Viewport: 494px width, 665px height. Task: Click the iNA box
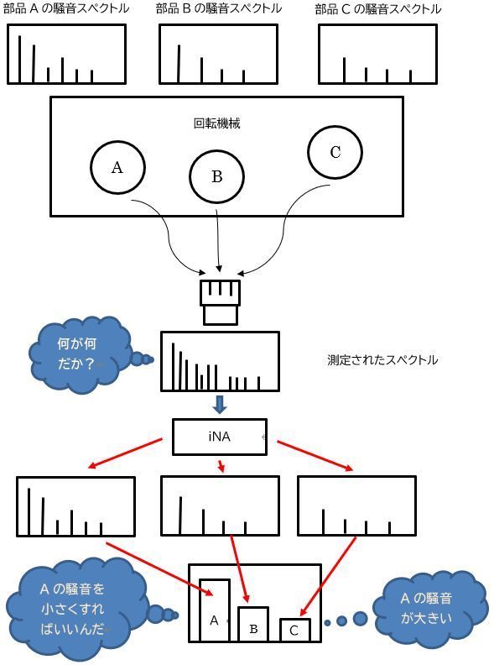pos(220,437)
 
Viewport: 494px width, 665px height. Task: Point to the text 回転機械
pos(217,123)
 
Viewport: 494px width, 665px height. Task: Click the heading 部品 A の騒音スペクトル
pos(66,8)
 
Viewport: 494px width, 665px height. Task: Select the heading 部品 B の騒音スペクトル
pos(219,8)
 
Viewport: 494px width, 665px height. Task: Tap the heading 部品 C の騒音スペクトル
pos(378,9)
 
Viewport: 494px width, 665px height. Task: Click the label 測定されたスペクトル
pos(382,360)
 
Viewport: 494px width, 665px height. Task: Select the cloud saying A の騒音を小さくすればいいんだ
pos(73,609)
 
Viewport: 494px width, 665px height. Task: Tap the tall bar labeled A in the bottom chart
pos(215,610)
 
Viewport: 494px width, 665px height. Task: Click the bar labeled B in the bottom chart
pos(253,624)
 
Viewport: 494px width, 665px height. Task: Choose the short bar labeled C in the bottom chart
pos(295,630)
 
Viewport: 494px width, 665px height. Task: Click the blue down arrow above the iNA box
pos(220,405)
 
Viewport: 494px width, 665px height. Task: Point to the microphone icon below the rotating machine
pos(221,302)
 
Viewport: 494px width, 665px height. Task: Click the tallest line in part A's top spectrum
pos(19,59)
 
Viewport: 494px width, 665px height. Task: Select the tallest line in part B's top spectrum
pos(179,64)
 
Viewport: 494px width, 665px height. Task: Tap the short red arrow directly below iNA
pos(221,466)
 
